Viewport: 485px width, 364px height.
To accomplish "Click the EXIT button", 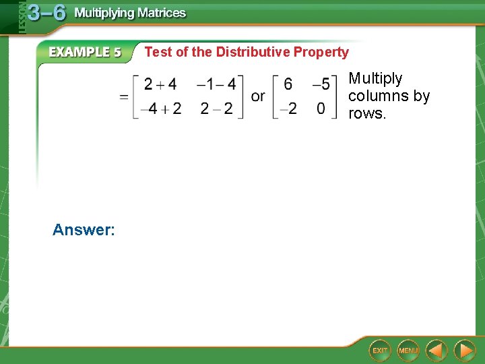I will (x=381, y=351).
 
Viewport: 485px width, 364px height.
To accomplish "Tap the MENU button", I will (x=408, y=351).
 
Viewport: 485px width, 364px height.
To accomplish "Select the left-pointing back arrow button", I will (x=437, y=351).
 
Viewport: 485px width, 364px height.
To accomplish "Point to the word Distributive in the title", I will (x=253, y=52).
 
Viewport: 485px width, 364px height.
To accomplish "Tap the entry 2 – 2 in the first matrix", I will (x=216, y=109).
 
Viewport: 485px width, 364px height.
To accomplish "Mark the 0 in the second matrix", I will (x=321, y=109).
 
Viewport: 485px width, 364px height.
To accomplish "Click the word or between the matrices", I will (x=258, y=96).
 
